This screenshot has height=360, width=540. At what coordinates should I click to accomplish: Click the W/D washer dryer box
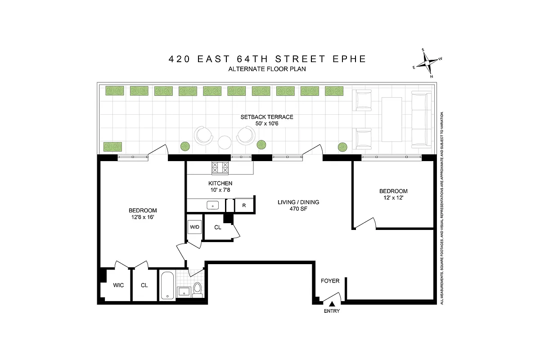coord(194,227)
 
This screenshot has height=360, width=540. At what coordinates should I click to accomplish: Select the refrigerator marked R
coord(244,205)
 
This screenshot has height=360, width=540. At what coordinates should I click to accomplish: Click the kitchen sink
coord(211,205)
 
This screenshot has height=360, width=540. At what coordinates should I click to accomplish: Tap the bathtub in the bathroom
coord(167,285)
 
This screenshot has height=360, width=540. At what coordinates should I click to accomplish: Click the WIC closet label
coord(118,285)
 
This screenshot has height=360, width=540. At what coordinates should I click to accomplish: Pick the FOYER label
coord(330,281)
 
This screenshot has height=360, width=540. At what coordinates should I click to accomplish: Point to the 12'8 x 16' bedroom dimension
coord(143,217)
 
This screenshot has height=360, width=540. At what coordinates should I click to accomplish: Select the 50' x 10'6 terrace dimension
coord(266,123)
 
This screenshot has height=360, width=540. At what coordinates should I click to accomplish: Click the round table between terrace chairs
coord(225,143)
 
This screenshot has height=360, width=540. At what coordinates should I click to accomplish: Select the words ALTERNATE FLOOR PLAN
coord(267,69)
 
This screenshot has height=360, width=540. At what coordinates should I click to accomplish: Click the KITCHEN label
coord(220,183)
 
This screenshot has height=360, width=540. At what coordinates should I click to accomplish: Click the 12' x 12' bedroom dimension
coord(393,198)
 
